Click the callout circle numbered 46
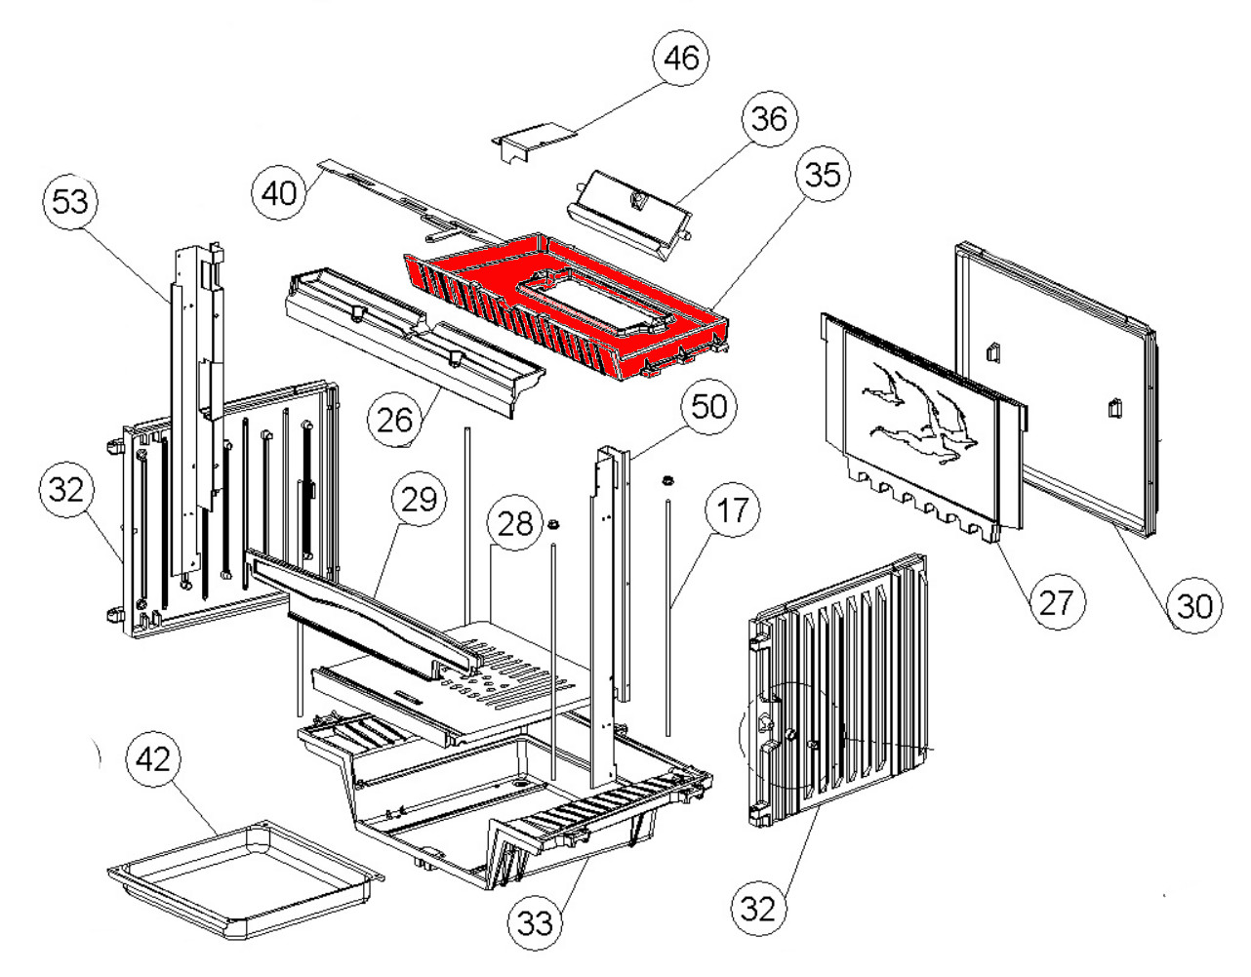tap(682, 59)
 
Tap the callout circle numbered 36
tap(769, 119)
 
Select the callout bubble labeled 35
tap(822, 175)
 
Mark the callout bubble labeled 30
tap(1195, 606)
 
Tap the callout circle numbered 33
tap(536, 921)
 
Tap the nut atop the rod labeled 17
tap(668, 480)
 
